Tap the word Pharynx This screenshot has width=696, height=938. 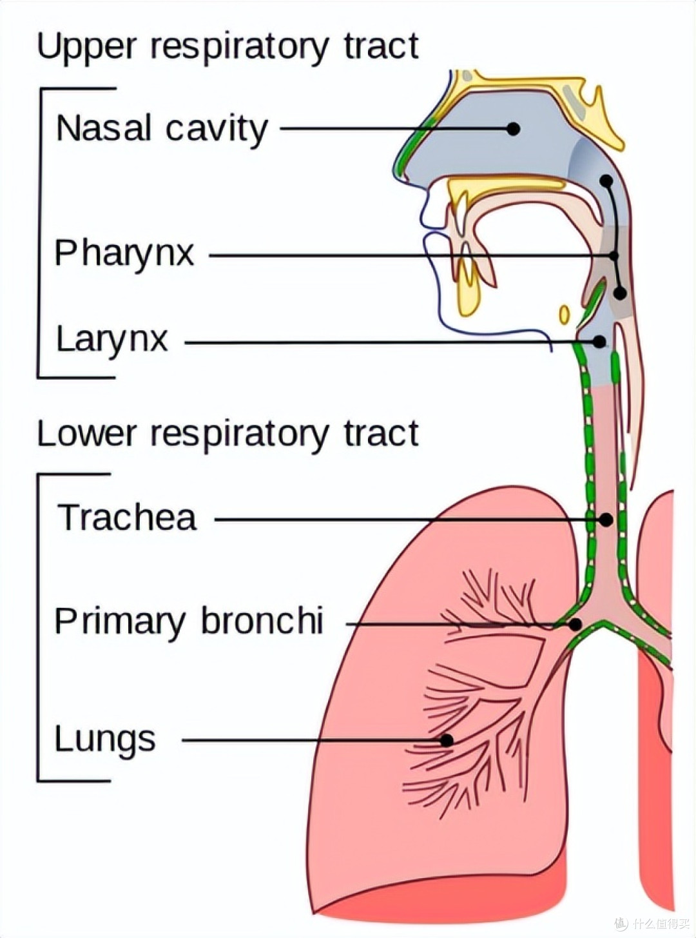[x=124, y=254]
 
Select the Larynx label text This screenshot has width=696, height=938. [x=112, y=340]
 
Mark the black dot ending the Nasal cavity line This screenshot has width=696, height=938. [x=514, y=128]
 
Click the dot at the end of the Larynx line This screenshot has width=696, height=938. [x=599, y=341]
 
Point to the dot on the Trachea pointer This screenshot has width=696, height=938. [x=606, y=519]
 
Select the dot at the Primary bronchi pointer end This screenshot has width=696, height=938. [x=575, y=624]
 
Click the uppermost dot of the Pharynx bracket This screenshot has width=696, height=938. [x=606, y=181]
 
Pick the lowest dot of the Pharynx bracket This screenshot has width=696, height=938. [x=620, y=293]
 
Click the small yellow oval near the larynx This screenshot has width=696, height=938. [x=565, y=315]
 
